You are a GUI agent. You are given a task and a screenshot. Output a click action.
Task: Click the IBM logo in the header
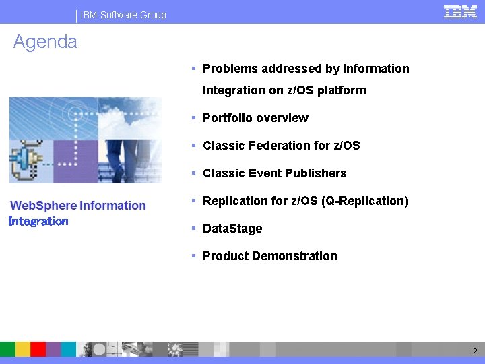(461, 11)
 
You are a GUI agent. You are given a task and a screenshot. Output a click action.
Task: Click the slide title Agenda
(45, 42)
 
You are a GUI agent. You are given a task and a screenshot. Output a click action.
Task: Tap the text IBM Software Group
(123, 15)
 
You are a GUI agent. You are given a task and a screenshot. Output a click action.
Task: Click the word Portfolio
(228, 118)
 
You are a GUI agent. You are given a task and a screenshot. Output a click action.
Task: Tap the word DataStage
(232, 229)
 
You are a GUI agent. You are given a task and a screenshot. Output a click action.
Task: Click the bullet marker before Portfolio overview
(193, 118)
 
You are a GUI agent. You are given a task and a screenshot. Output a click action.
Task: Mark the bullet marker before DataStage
(193, 229)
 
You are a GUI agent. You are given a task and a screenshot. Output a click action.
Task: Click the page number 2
(475, 351)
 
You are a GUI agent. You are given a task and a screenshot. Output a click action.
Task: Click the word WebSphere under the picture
(44, 206)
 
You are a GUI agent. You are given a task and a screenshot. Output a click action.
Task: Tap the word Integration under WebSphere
(38, 221)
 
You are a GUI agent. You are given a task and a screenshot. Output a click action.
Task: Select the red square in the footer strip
(38, 348)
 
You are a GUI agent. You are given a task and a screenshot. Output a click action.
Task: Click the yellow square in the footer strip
(23, 348)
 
